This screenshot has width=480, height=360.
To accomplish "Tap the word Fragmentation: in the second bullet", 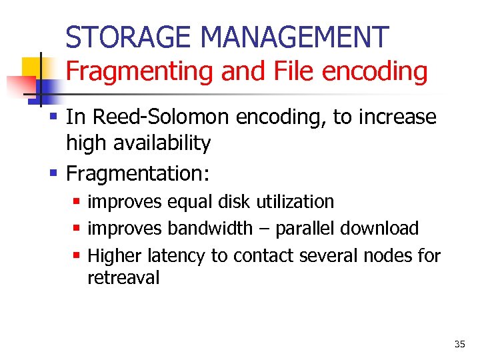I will pyautogui.click(x=138, y=174).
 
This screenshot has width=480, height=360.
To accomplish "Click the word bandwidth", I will pyautogui.click(x=210, y=229).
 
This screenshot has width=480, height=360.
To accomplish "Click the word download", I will pyautogui.click(x=379, y=229).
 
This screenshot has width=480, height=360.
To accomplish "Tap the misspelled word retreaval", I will pyautogui.click(x=123, y=278).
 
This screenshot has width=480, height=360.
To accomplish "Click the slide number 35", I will pyautogui.click(x=459, y=345).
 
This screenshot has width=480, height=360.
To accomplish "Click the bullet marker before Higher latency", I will pyautogui.click(x=78, y=256).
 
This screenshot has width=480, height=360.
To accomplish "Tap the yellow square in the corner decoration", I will pyautogui.click(x=31, y=67).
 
